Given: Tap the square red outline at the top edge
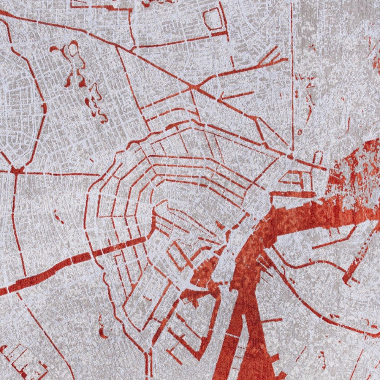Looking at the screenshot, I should point(214,19).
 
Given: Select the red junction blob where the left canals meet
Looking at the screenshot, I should point(17,170).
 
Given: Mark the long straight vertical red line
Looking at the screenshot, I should point(292,76).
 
